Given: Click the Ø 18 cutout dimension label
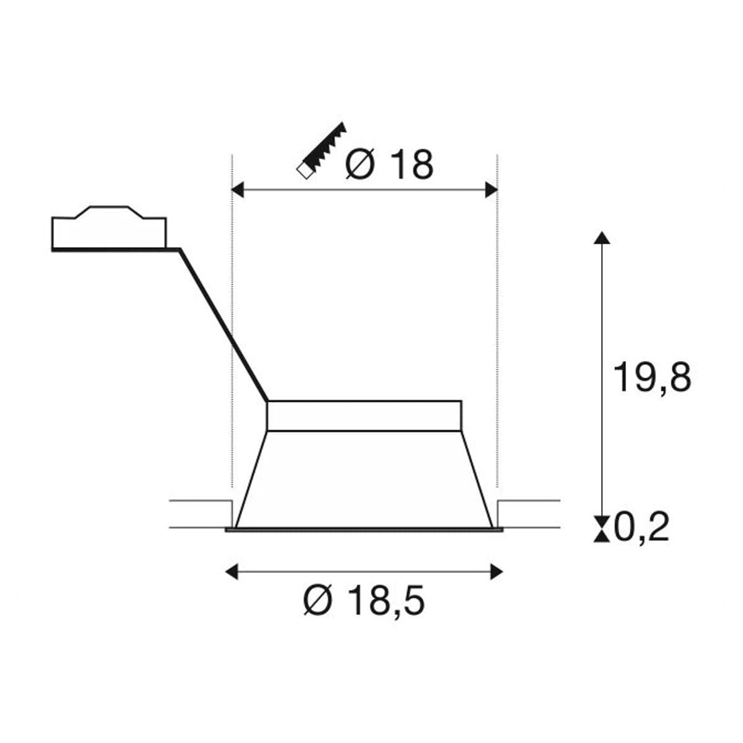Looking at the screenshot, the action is click(x=389, y=165).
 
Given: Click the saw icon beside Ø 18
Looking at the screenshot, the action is click(x=321, y=150).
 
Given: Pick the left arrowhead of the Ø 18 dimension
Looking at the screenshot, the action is click(x=237, y=189).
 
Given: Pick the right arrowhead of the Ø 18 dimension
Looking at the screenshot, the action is click(x=491, y=189).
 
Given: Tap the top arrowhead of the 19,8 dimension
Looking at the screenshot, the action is click(x=602, y=238).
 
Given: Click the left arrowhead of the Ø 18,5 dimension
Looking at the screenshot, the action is click(x=232, y=571).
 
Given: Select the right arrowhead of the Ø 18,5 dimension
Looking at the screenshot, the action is click(x=497, y=571).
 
